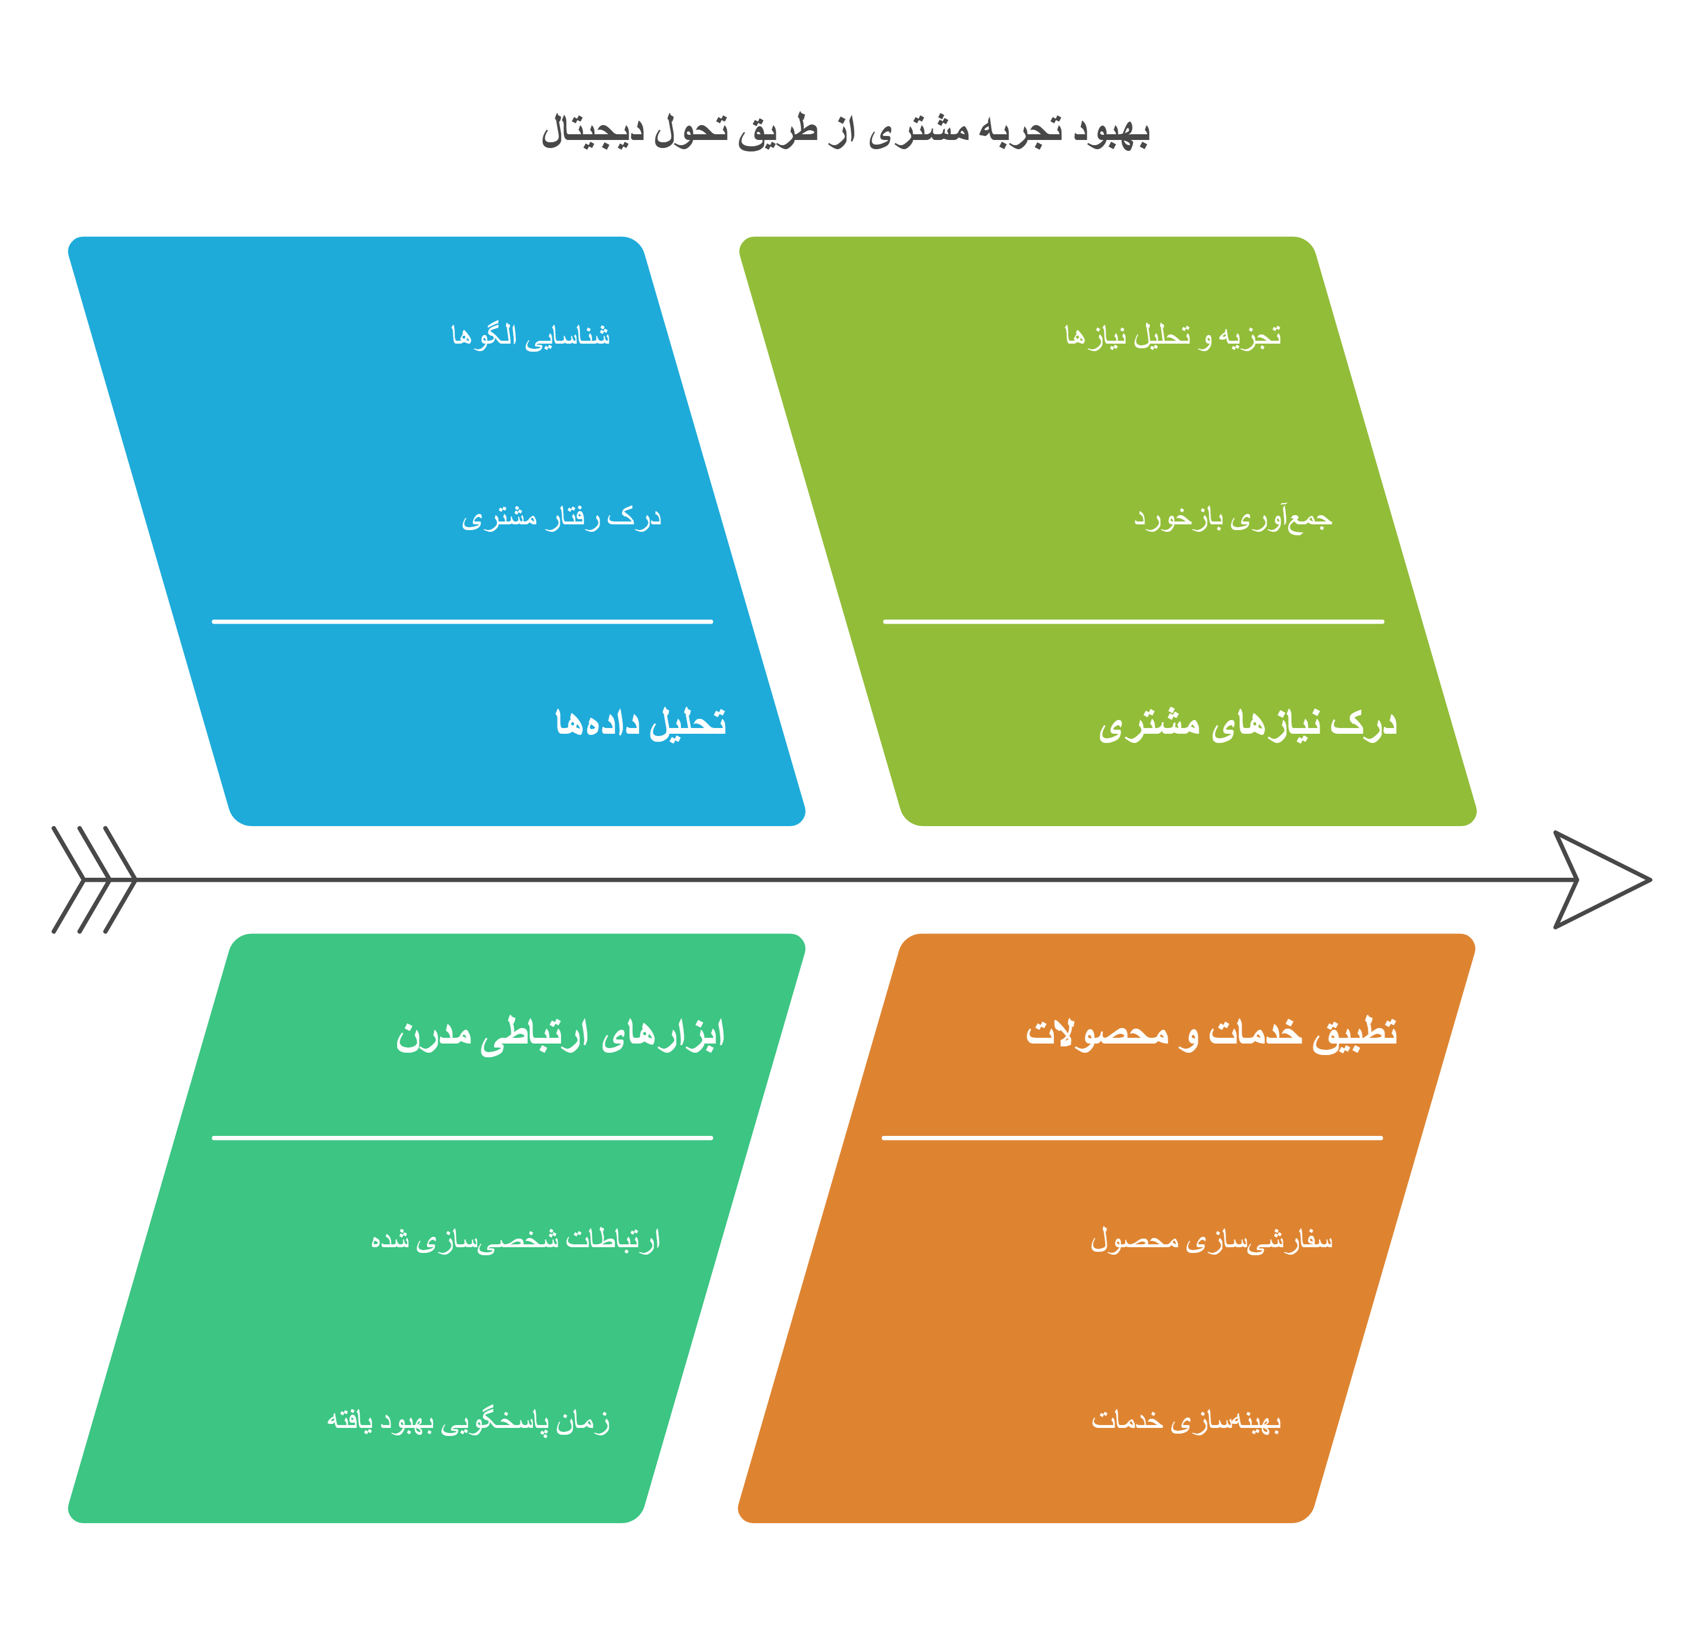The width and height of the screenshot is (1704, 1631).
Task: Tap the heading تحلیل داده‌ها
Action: coord(641,722)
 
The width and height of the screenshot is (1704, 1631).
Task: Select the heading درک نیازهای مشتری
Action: coord(1247,724)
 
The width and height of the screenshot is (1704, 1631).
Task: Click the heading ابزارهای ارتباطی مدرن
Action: coord(560,1034)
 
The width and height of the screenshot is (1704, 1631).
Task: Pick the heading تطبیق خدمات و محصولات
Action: coord(1211,1033)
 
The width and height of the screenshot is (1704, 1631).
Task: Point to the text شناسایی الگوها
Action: coord(530,336)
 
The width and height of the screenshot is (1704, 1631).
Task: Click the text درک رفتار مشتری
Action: coord(562,518)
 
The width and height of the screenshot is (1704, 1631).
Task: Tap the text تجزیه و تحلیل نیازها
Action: coord(1173,336)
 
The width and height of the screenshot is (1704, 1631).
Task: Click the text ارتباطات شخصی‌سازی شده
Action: coord(516,1240)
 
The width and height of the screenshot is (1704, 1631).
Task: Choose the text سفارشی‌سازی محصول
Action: coord(1211,1240)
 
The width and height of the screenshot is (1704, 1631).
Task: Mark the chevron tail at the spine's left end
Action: coord(94,880)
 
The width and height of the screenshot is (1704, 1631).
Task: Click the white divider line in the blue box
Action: coord(462,622)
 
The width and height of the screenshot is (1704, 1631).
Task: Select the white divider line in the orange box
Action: coord(1132,1137)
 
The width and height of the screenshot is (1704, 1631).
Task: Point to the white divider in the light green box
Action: coord(1134,622)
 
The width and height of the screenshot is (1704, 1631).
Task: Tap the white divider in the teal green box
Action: coord(462,1137)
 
